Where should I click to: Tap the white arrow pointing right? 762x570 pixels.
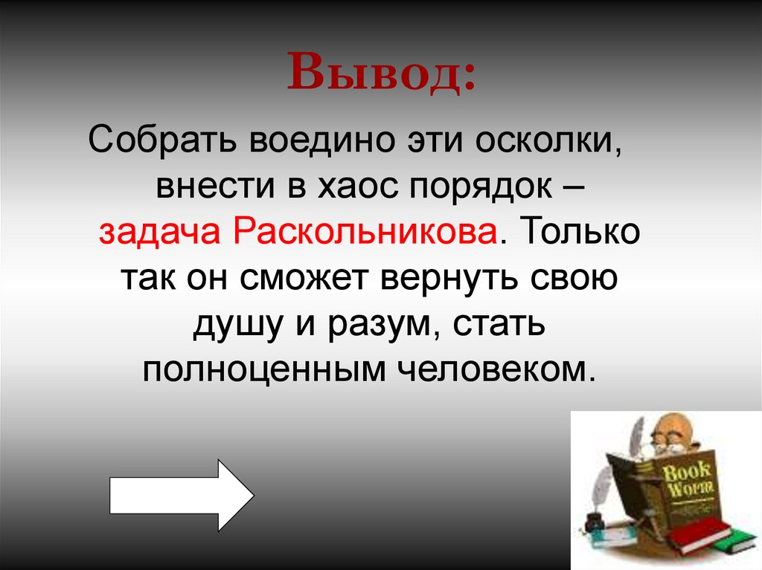182,495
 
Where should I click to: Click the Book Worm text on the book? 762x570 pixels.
685,479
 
